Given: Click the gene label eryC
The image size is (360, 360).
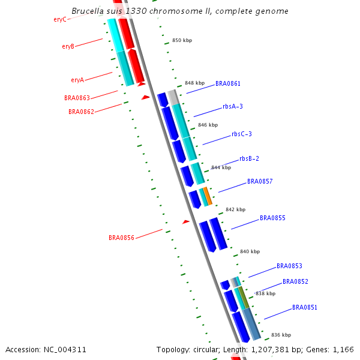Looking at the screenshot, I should (59, 19).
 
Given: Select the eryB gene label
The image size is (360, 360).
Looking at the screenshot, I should (68, 46).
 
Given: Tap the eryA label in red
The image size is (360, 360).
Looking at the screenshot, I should (77, 80).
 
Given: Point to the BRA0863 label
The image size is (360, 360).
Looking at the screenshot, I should (77, 98).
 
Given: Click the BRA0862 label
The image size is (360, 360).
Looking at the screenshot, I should (81, 112).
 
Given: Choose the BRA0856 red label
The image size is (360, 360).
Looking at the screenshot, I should (121, 238).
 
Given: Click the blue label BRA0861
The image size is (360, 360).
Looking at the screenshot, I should (228, 83).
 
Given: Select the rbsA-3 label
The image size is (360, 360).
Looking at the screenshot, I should (233, 106).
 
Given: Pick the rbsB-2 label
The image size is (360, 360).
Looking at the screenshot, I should (249, 158).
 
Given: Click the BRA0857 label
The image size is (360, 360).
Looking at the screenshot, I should (260, 181).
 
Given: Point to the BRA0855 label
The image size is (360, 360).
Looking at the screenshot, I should (272, 218).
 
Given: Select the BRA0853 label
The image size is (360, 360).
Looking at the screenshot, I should (289, 266).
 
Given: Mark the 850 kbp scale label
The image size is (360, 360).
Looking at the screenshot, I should (182, 40).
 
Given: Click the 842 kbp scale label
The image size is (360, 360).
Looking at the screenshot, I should (235, 209).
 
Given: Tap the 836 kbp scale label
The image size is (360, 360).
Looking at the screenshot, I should (281, 335).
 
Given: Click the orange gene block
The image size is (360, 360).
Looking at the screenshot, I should (208, 196).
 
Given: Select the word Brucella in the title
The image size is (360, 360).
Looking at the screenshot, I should (88, 11).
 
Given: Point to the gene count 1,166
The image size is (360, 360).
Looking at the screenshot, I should (343, 349).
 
